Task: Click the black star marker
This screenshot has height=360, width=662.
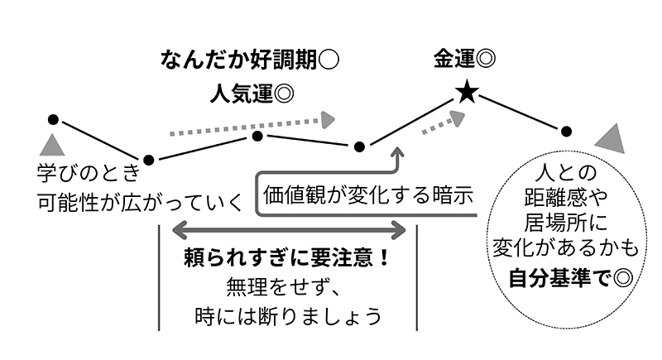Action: click(467, 94)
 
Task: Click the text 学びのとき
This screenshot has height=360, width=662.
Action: click(84, 175)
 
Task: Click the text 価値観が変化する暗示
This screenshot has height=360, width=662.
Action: click(368, 196)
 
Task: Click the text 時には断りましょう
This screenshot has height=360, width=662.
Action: click(286, 316)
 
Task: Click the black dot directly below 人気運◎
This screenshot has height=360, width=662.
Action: click(257, 136)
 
